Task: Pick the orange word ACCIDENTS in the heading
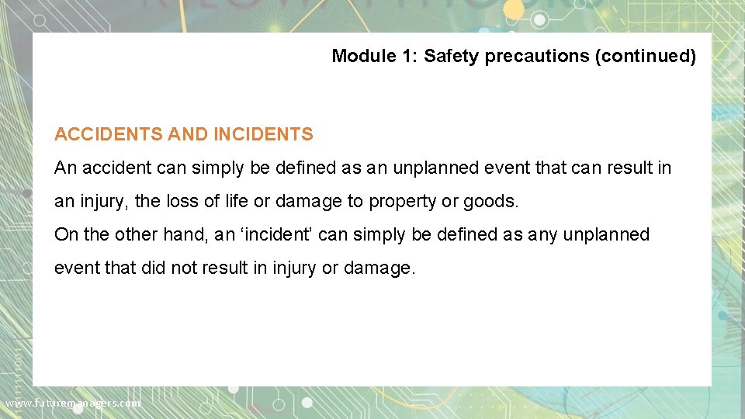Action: click(108, 134)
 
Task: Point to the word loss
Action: click(182, 201)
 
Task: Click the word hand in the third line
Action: click(189, 234)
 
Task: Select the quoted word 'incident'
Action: click(281, 234)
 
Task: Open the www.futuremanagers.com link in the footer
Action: click(73, 403)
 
